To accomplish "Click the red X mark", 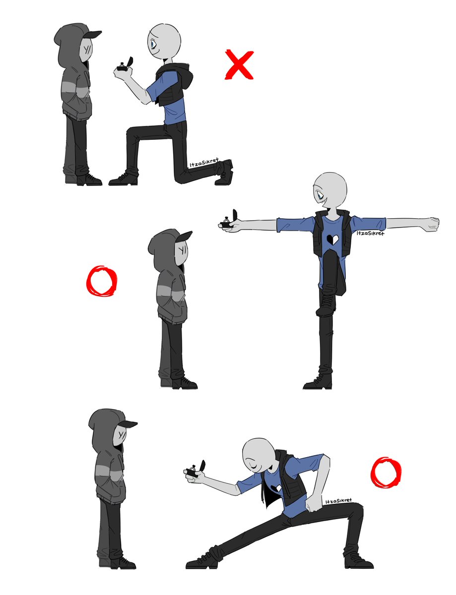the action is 239,64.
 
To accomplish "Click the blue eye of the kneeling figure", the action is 152,44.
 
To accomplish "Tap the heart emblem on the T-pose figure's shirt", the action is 331,239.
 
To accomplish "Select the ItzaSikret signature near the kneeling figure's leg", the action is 204,164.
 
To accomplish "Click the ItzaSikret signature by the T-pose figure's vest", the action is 370,233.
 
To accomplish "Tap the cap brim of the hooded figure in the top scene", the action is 93,34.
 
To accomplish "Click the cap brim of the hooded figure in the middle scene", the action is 183,236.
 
